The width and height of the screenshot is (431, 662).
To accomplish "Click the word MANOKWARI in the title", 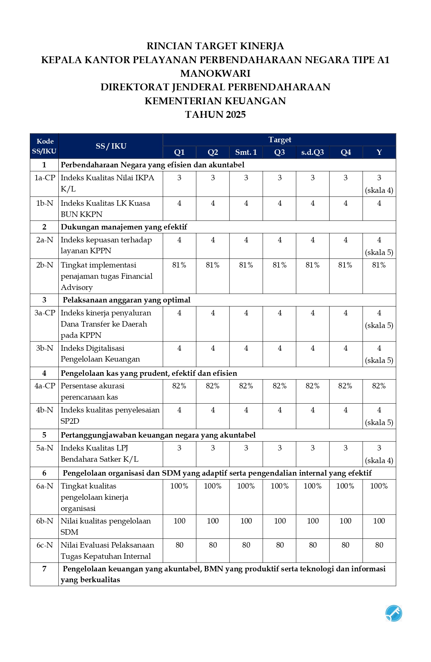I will coord(215,73).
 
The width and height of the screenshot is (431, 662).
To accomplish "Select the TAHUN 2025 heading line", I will coord(215,114).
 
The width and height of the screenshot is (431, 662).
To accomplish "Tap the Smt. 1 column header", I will coord(246,152).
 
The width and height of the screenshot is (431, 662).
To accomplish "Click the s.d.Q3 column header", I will coord(313,152).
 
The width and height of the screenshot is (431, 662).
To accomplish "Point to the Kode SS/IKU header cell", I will coord(44,146).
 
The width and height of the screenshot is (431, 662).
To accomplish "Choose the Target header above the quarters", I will coord(280,140).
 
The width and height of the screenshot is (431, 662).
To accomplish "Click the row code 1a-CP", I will coord(44,178).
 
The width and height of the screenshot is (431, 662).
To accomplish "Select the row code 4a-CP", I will coord(44,386).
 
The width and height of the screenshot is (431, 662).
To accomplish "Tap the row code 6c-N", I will coord(44,545).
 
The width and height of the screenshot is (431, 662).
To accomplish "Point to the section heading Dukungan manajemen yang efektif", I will coord(124,227).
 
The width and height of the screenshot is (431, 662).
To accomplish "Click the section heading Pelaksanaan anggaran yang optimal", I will coord(126,300).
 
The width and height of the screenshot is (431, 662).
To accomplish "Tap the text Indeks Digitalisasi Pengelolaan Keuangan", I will coord(100,353).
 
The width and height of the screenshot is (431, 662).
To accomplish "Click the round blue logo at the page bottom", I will coord(394,613).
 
